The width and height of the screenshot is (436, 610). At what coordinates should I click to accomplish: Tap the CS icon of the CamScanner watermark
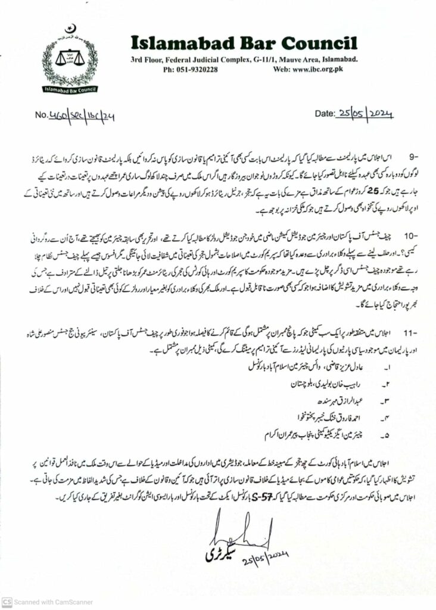pos(8,602)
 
